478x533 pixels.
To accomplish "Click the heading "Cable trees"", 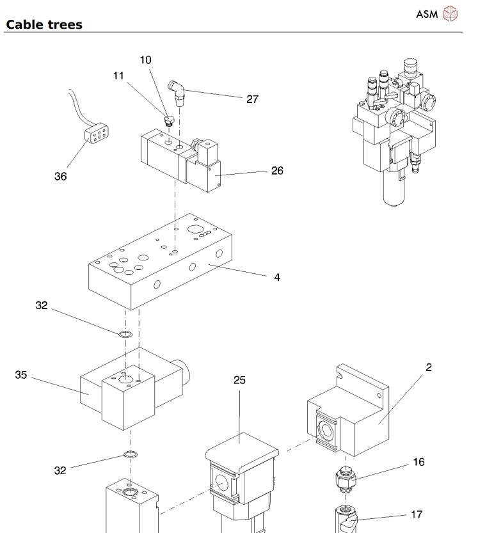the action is pos(44,24).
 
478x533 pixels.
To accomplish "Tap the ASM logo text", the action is pos(427,14).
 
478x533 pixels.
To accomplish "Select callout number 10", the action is pos(145,60).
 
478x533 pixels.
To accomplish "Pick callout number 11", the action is pos(118,76).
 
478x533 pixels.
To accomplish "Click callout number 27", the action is pos(252,99).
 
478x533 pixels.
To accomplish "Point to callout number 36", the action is pos(61,176).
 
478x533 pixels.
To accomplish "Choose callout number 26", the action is pos(277,171).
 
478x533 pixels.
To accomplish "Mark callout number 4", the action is pos(277,278).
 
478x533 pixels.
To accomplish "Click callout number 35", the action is pos(20,374).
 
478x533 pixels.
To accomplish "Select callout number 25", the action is pos(239,380).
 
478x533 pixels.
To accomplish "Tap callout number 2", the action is pos(429,367).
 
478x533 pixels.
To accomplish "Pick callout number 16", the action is pos(418,461).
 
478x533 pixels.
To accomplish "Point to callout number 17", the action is pos(417,514).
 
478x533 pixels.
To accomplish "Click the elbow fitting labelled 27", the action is pos(177,92).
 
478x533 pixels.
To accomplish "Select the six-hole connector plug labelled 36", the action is pos(97,133).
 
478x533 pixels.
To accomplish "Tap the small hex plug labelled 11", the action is pos(168,120).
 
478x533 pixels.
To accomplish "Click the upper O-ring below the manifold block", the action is pos(126,334).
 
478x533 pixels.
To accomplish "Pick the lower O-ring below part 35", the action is pos(130,454).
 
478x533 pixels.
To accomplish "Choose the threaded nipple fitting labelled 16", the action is pos(346,479).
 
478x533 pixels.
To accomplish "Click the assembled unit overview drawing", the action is pos(394,132).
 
